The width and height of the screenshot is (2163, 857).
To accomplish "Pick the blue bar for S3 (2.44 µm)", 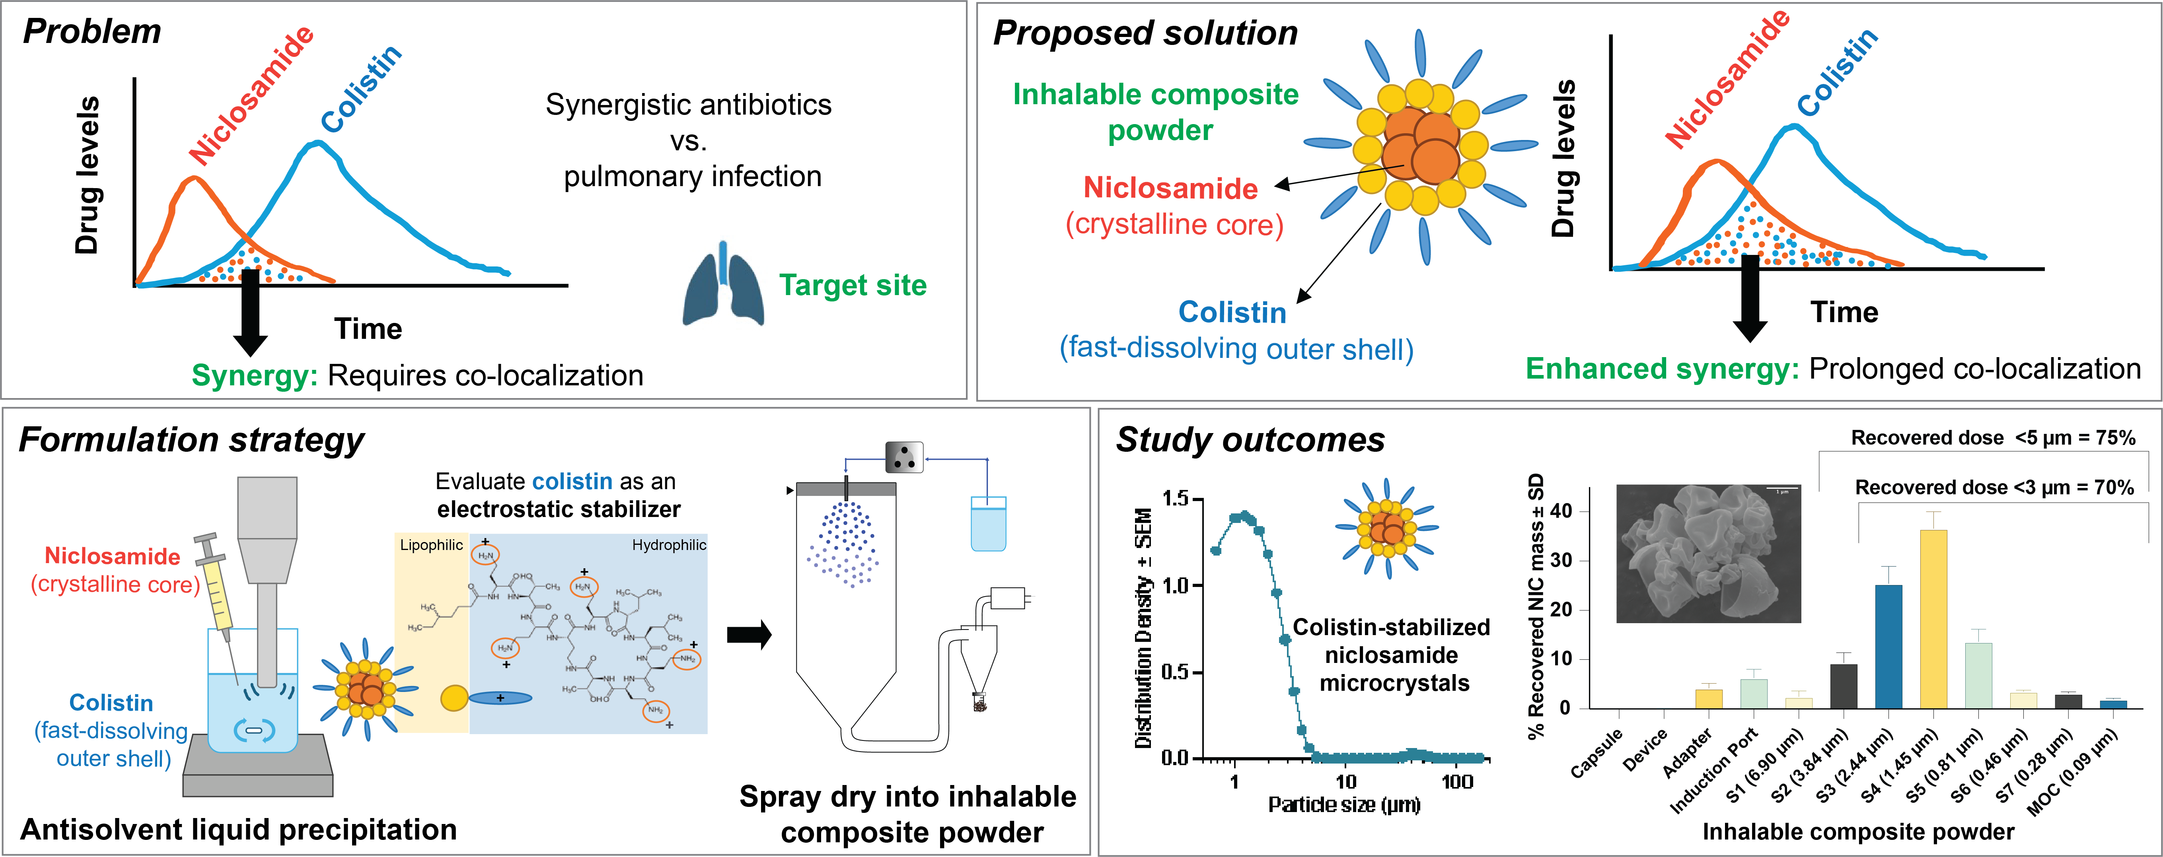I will point(1888,646).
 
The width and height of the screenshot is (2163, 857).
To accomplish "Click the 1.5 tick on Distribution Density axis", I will point(1176,499).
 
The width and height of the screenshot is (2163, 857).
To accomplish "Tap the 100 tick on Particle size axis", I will point(1457,781).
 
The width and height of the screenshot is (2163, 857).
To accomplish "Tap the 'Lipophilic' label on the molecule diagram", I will point(431,545).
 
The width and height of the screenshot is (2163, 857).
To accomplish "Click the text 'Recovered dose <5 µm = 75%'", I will point(1993,437).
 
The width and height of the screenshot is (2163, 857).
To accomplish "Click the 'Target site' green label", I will point(852,286).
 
